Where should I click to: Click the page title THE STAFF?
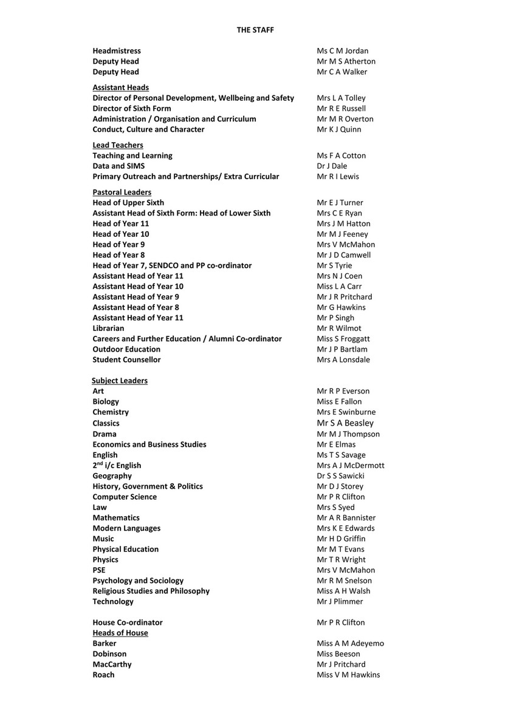coord(255,30)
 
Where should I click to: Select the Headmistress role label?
coord(117,51)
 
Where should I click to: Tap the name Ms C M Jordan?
coord(343,51)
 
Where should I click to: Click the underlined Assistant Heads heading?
coord(120,87)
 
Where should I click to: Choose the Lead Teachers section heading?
coord(118,145)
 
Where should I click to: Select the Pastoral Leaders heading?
coord(122,192)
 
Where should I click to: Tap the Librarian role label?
coord(108,328)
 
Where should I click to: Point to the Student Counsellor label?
coord(126,359)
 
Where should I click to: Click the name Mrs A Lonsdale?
coord(343,359)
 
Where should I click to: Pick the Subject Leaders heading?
coord(120,381)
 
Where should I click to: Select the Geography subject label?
coord(112,476)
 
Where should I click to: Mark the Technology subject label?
coord(113,601)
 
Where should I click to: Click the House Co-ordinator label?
coord(128,622)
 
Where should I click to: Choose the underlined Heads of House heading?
coord(120,633)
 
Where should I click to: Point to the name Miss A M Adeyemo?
coord(351,643)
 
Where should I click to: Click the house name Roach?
coord(103,675)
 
